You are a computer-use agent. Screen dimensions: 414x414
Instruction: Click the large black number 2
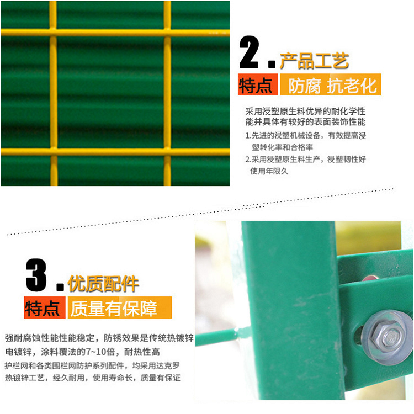(x=249, y=52)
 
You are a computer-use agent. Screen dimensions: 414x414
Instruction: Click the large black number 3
(x=36, y=275)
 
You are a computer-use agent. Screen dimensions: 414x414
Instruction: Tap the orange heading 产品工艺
(x=314, y=61)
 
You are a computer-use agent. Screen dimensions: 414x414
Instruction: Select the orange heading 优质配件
(x=103, y=284)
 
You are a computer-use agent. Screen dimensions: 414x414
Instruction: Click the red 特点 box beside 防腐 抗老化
(x=258, y=85)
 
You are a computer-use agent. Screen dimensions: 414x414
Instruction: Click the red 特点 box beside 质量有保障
(x=44, y=307)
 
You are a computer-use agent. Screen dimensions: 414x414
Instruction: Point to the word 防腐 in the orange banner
(x=304, y=86)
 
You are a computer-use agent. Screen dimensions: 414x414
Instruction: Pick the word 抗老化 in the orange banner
(x=352, y=86)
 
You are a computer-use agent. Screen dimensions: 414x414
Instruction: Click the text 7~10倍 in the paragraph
(x=100, y=352)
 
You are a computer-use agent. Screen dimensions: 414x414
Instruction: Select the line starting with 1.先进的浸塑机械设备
(x=305, y=136)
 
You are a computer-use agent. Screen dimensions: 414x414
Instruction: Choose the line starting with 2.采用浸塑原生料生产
(x=305, y=160)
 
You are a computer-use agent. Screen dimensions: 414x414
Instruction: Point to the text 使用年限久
(x=269, y=171)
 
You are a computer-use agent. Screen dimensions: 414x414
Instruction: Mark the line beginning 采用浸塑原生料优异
(x=305, y=112)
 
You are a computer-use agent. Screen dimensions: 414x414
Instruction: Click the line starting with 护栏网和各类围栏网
(x=92, y=365)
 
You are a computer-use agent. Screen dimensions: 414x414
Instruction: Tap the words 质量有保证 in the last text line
(x=160, y=378)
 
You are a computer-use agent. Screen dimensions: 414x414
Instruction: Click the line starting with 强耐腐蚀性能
(x=99, y=338)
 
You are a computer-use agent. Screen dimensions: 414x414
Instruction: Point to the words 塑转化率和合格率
(x=283, y=147)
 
